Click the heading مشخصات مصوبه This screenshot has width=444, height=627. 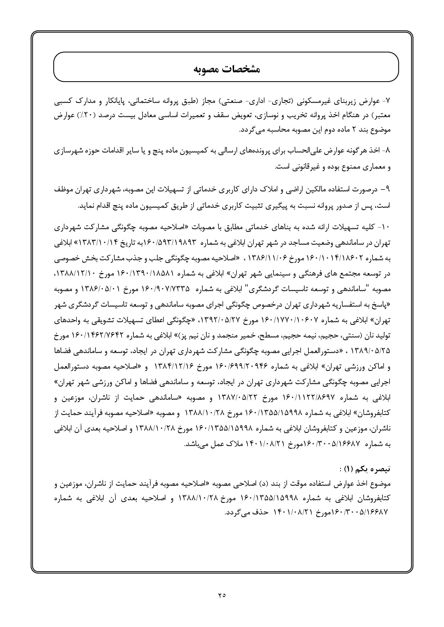point(226,69)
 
